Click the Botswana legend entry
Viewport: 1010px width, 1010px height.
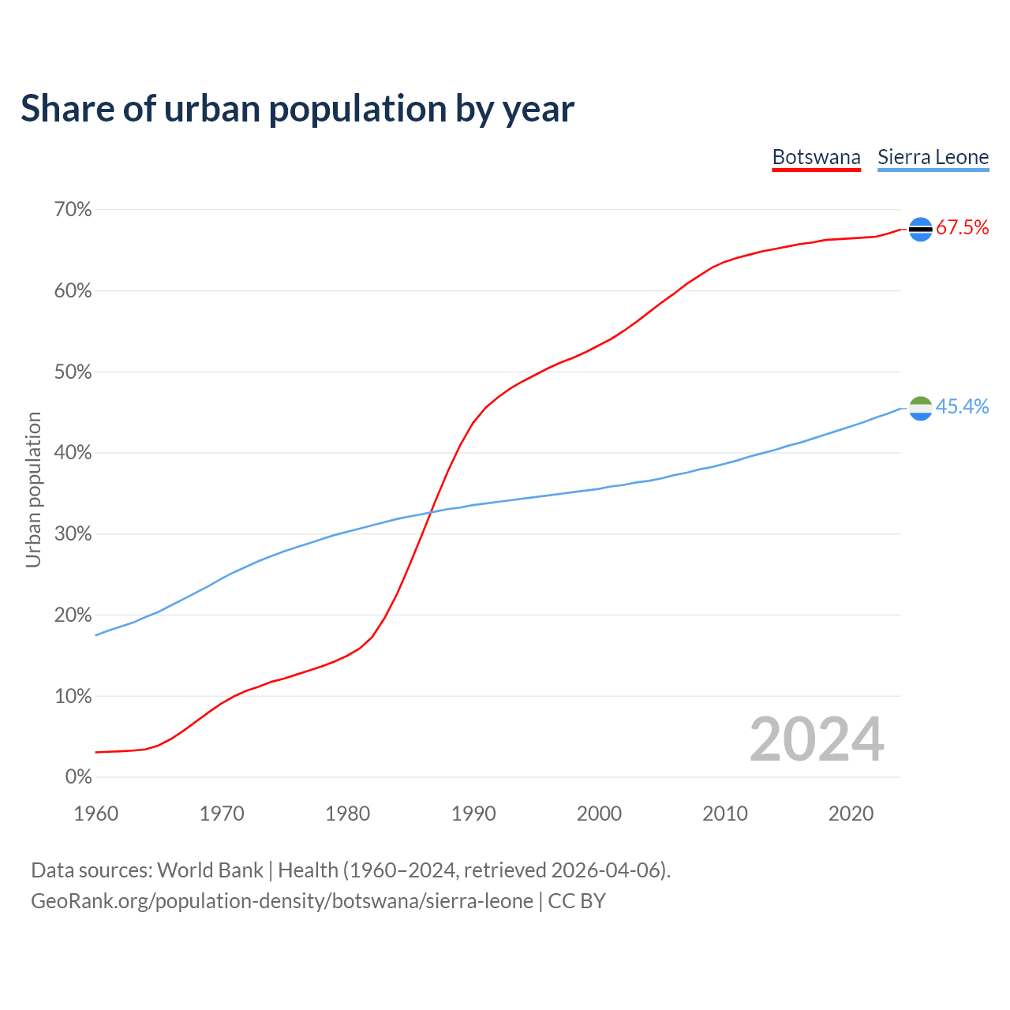[816, 157]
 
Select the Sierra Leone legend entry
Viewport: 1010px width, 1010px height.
[933, 157]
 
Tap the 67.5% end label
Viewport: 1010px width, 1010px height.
[962, 228]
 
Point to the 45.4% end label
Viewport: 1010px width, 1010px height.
[962, 406]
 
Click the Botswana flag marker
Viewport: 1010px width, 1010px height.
[921, 229]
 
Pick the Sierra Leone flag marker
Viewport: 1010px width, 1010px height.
[921, 408]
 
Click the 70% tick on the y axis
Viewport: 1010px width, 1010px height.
[73, 210]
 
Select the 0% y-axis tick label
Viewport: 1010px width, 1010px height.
[78, 777]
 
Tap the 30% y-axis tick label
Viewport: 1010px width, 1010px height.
[73, 534]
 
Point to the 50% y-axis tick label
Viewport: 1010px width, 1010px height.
[73, 372]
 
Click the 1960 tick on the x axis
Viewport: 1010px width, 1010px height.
[95, 814]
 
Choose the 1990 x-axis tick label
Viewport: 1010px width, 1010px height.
[473, 814]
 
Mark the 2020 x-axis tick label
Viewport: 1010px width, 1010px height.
[851, 814]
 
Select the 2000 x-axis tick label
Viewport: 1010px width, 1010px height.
[599, 814]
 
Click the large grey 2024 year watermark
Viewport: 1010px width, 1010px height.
[817, 739]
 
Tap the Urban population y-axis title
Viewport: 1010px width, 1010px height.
[33, 489]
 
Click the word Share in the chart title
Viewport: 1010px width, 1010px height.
[67, 109]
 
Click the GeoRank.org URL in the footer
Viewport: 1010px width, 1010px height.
[282, 901]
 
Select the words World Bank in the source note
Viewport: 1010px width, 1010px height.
[210, 870]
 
